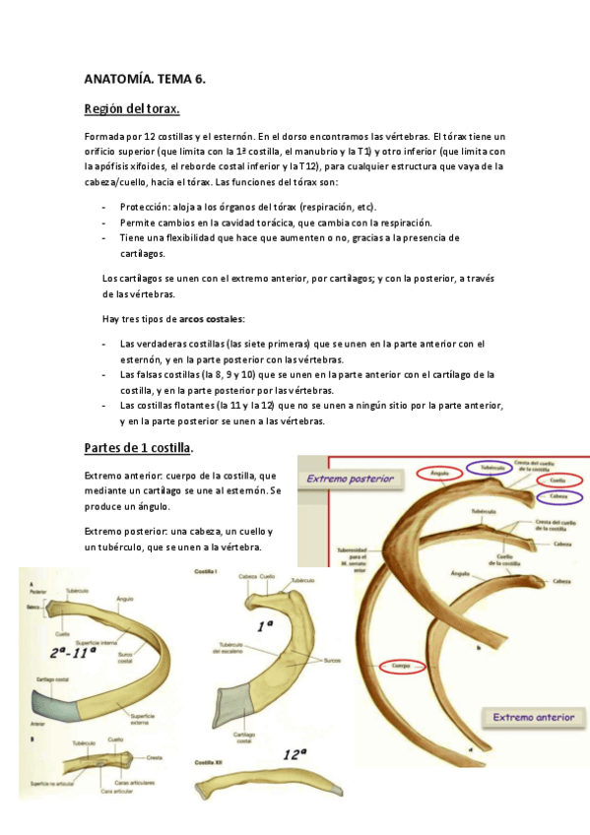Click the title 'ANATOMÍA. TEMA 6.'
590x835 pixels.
(x=144, y=78)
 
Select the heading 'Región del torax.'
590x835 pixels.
(x=131, y=107)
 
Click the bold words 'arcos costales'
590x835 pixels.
(x=212, y=319)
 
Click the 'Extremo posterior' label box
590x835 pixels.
(x=352, y=480)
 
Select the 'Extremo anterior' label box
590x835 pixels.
(x=533, y=717)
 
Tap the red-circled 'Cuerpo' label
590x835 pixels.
(x=400, y=667)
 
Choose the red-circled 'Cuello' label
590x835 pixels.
(x=557, y=481)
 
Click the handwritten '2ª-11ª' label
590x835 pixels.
(x=74, y=652)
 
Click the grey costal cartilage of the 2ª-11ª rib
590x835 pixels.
(x=54, y=705)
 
